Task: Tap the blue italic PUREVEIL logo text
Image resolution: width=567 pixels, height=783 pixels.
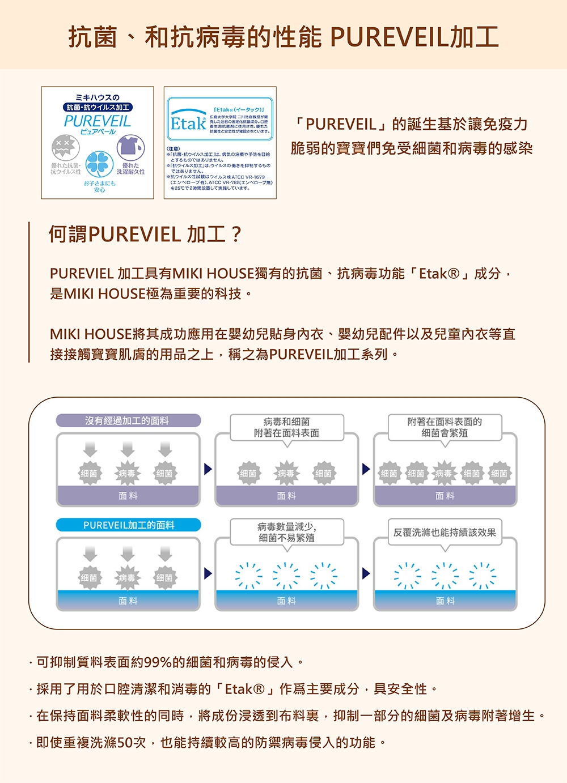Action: (x=98, y=121)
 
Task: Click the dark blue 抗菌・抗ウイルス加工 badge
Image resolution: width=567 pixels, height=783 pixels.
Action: (x=98, y=107)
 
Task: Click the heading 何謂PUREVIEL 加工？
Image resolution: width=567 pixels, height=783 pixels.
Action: (x=145, y=234)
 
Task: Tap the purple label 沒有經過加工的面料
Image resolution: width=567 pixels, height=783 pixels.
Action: (x=128, y=420)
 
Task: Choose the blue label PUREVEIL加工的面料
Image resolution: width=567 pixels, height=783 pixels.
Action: (x=129, y=525)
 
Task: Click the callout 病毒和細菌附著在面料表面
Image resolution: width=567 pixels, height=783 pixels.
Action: (x=286, y=427)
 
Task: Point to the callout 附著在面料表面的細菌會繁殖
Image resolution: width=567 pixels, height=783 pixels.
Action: (x=445, y=427)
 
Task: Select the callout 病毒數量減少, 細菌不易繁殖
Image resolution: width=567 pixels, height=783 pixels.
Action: (x=286, y=532)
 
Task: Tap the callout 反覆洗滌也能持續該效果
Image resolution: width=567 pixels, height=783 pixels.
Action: (x=445, y=533)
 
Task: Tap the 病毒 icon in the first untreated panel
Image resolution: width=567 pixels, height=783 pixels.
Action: (x=127, y=473)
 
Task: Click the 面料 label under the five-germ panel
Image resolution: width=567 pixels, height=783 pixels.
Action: (x=445, y=496)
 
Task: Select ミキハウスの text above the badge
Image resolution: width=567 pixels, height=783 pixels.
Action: (x=98, y=97)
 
